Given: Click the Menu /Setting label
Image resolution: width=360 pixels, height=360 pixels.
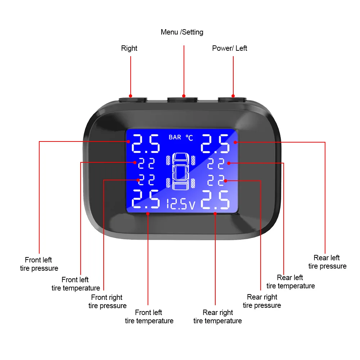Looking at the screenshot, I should tap(182, 32).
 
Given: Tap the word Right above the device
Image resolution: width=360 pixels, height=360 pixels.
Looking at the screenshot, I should tap(129, 48).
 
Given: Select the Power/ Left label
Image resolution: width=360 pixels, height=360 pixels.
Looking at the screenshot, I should tap(229, 48).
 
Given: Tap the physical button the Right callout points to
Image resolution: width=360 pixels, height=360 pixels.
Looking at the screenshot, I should tap(133, 98).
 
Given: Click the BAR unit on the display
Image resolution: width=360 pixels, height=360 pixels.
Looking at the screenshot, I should tap(175, 137).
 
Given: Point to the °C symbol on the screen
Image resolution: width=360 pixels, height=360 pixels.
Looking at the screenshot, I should tap(189, 137).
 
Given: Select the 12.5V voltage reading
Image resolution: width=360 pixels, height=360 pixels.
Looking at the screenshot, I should tap(181, 205).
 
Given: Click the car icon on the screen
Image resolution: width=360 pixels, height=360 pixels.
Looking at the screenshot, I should tap(180, 171).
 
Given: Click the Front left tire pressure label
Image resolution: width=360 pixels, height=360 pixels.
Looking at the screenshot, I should tap(39, 264).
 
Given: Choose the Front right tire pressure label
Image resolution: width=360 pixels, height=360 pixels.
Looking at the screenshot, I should tap(107, 301).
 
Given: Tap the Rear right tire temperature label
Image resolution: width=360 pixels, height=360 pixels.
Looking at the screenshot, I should tap(217, 316).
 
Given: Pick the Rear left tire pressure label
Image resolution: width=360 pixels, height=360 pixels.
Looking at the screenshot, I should tap(327, 262).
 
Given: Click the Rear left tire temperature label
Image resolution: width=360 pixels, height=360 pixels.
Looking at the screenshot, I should tap(290, 282).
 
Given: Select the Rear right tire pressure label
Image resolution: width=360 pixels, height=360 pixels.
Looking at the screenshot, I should tap(262, 301).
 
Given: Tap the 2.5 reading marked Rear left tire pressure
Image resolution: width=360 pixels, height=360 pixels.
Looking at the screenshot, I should tap(215, 143).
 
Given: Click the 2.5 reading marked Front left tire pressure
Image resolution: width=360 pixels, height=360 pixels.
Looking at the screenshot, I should tap(146, 143).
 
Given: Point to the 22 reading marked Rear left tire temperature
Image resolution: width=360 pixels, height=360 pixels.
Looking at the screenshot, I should tap(216, 163).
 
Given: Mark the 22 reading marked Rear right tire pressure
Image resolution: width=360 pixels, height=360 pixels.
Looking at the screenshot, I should tap(216, 180).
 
